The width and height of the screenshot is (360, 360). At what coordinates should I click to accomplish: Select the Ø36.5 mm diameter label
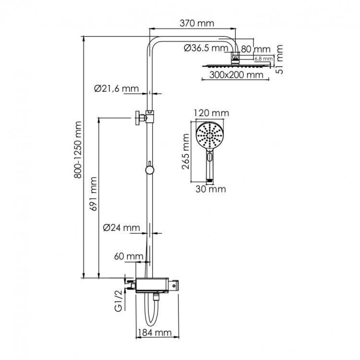(205, 48)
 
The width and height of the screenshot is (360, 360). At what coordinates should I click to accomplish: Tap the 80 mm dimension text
(255, 49)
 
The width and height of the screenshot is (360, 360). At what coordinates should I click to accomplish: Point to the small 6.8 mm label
(263, 59)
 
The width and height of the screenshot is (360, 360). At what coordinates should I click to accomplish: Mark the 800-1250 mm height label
(79, 156)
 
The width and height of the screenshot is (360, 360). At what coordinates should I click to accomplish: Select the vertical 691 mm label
(94, 194)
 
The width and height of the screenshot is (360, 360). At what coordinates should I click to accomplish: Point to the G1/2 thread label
(120, 301)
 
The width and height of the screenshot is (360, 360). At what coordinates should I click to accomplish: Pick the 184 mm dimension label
(155, 332)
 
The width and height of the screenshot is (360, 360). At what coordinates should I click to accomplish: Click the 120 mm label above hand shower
(211, 113)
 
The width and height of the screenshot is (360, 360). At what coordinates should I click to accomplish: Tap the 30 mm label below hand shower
(210, 189)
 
